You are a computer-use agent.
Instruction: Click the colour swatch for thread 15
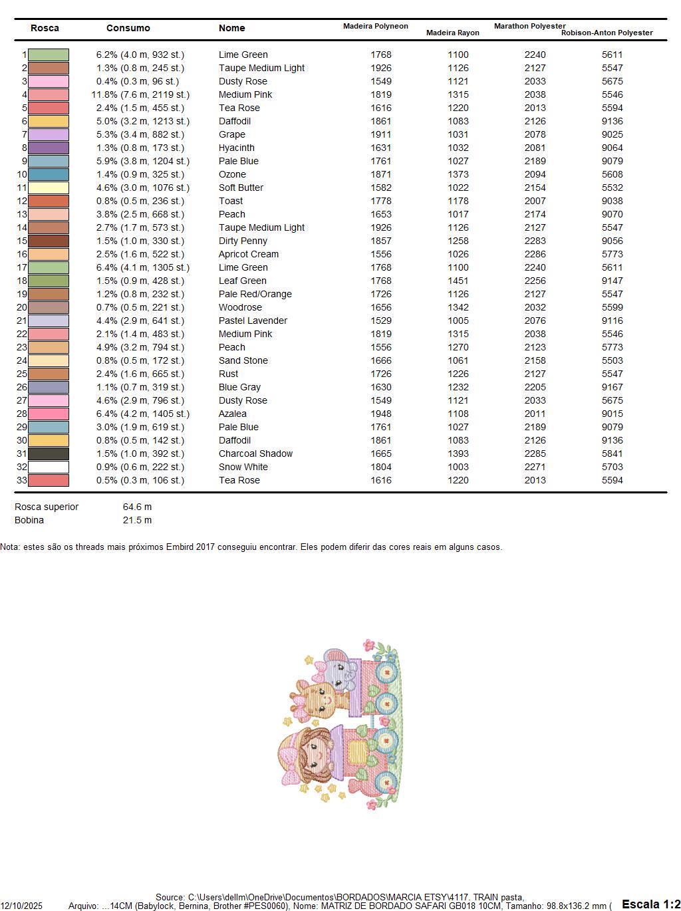[49, 241]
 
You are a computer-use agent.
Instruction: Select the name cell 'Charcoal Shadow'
[255, 454]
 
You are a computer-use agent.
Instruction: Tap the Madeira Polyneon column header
[375, 26]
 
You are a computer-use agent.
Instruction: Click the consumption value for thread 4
[140, 94]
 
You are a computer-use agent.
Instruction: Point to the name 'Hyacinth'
[236, 148]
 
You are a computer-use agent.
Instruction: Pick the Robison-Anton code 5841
[612, 454]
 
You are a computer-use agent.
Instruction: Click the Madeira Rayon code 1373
[458, 174]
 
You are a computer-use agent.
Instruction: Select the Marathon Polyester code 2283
[535, 241]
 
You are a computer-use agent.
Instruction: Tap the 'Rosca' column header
[45, 28]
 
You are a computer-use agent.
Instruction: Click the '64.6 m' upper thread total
[137, 507]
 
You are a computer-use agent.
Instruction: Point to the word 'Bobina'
[29, 520]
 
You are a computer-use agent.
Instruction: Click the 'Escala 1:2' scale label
[650, 904]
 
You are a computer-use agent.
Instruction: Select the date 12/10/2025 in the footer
[21, 906]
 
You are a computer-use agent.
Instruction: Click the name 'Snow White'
[243, 467]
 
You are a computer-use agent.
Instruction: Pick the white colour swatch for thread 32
[49, 467]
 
